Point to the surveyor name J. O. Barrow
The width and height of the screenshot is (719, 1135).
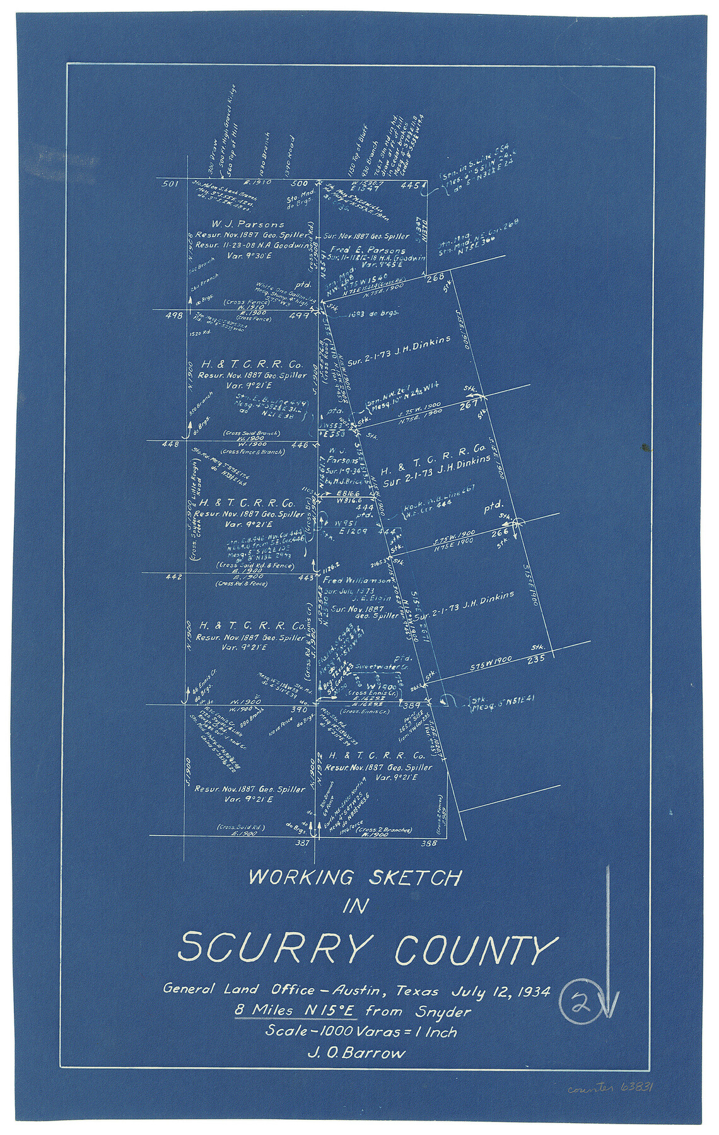[356, 1052]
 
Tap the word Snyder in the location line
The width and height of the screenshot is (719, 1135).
[443, 1012]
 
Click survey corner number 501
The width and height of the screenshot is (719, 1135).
[170, 184]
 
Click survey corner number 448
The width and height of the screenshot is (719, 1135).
[170, 445]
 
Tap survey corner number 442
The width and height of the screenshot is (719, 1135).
[174, 577]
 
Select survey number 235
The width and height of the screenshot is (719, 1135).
[535, 660]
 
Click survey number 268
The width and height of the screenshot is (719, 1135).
[435, 276]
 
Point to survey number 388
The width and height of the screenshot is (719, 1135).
[429, 843]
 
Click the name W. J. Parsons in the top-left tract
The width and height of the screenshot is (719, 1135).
[248, 224]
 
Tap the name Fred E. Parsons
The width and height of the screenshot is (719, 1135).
[373, 250]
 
